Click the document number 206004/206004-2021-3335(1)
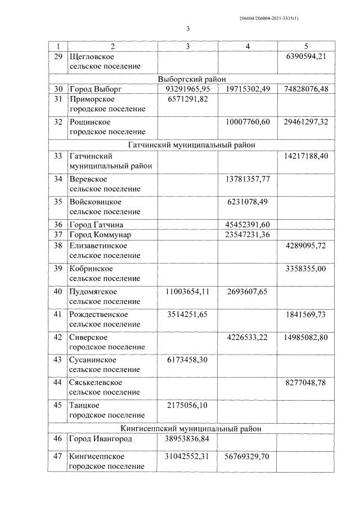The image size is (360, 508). pos(269,19)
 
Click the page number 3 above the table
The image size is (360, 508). pos(188,29)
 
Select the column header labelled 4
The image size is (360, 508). pos(247,46)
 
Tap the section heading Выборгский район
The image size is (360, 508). pos(191,79)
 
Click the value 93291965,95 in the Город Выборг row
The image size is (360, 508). pos(188,89)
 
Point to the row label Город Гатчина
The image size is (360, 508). pos(96,224)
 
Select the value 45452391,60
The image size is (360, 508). pos(247,224)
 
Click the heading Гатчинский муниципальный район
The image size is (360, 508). pos(191,145)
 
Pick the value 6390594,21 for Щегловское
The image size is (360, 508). pos(306,56)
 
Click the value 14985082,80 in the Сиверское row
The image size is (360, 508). pos(306,337)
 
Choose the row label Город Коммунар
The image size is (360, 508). pos(100,234)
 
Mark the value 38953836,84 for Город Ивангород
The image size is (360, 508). pos(188,438)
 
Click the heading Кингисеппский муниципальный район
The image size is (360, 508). pos(191,428)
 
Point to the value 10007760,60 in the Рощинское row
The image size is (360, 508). pos(247,122)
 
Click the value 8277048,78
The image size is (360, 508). pos(306,382)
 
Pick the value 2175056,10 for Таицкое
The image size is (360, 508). pos(188,405)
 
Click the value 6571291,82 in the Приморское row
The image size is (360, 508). pos(188,99)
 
